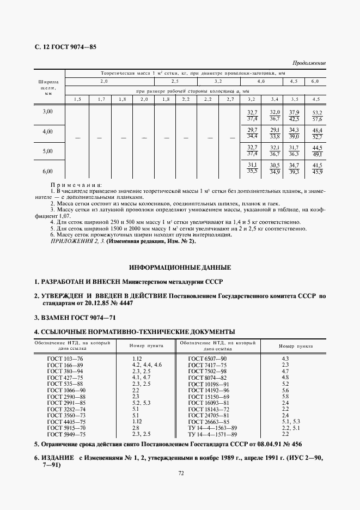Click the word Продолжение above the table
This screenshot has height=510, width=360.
[x=309, y=63]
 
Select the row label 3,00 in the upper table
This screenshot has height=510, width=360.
[x=48, y=111]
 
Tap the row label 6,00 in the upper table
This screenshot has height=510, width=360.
[x=48, y=171]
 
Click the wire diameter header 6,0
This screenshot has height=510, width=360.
[x=315, y=81]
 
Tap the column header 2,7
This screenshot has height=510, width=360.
[x=230, y=99]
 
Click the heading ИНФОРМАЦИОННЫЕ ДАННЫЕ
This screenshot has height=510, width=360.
[x=180, y=268]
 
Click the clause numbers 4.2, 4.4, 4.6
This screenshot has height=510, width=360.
[x=147, y=365]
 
